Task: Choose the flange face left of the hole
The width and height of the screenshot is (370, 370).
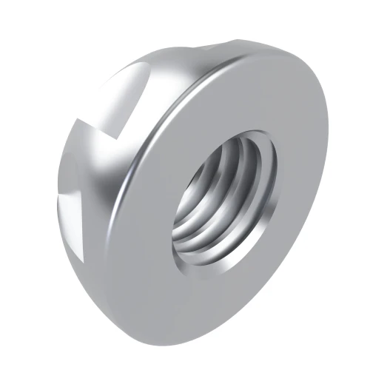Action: click(148, 215)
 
